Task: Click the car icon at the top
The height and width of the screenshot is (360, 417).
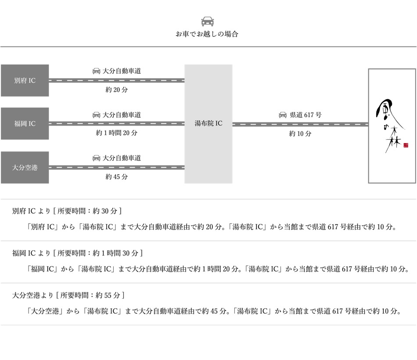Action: (208, 22)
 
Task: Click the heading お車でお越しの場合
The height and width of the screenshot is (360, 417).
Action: (207, 34)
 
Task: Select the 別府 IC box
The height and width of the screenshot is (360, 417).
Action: (25, 80)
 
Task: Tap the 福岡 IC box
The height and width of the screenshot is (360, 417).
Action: (25, 124)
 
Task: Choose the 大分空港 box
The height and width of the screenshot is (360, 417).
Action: (25, 167)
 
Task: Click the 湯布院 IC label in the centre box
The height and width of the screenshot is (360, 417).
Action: (208, 124)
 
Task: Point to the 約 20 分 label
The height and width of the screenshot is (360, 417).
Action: (117, 90)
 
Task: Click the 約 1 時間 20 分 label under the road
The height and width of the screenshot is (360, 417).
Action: (117, 133)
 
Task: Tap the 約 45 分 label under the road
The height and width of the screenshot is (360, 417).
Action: (117, 176)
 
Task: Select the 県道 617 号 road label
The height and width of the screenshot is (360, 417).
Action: (306, 115)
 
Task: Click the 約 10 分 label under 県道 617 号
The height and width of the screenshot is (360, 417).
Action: (300, 133)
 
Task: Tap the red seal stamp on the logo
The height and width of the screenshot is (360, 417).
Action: (406, 145)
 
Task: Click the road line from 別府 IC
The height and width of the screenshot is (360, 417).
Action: (116, 80)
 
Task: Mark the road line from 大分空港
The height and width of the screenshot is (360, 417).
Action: (116, 167)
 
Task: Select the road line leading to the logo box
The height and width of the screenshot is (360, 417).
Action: (300, 124)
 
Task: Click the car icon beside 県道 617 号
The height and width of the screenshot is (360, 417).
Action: (283, 115)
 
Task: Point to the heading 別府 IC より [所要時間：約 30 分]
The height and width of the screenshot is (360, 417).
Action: (67, 211)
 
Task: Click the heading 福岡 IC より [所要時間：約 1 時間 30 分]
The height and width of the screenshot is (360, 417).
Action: (78, 253)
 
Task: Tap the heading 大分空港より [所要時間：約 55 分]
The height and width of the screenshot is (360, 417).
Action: (69, 295)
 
